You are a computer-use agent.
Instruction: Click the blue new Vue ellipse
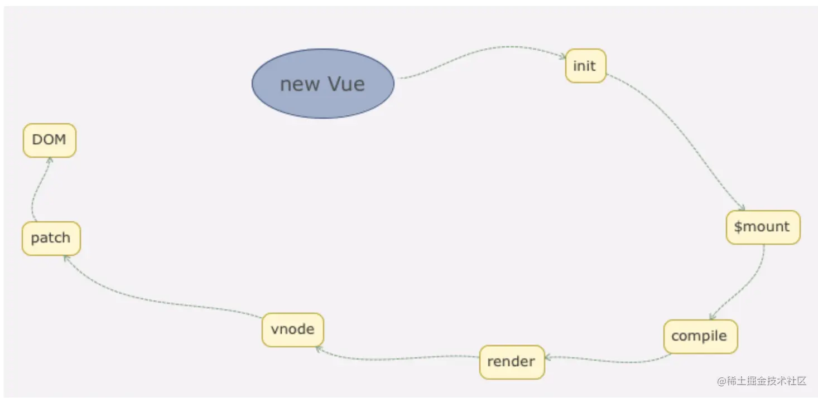coord(323,84)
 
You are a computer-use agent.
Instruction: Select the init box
coord(585,66)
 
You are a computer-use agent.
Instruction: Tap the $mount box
coord(762,227)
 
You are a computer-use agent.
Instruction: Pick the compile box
coord(700,336)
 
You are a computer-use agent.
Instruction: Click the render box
coord(511,362)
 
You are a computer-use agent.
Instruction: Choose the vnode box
coord(292,329)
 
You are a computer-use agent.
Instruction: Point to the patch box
coord(51,238)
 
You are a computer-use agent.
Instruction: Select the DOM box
coord(49,140)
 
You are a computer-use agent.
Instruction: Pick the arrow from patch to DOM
coord(37,190)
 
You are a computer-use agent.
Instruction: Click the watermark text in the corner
coord(762,381)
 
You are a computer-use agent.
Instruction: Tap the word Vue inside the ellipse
coord(346,84)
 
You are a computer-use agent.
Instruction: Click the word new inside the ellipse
coord(300,85)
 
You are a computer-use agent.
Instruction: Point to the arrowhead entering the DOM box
coord(50,160)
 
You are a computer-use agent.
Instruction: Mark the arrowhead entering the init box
coord(562,56)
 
